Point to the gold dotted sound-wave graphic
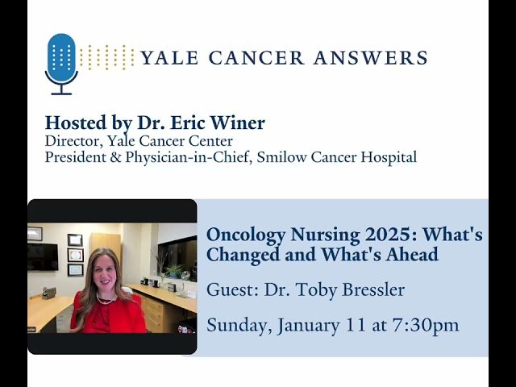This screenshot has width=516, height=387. coord(107,57)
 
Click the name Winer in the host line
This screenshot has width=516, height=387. coord(239,123)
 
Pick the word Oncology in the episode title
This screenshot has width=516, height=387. coord(244,235)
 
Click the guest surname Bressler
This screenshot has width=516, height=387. coord(372,289)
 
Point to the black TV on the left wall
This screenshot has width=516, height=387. coord(42,256)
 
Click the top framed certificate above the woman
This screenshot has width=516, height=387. coord(75,239)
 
